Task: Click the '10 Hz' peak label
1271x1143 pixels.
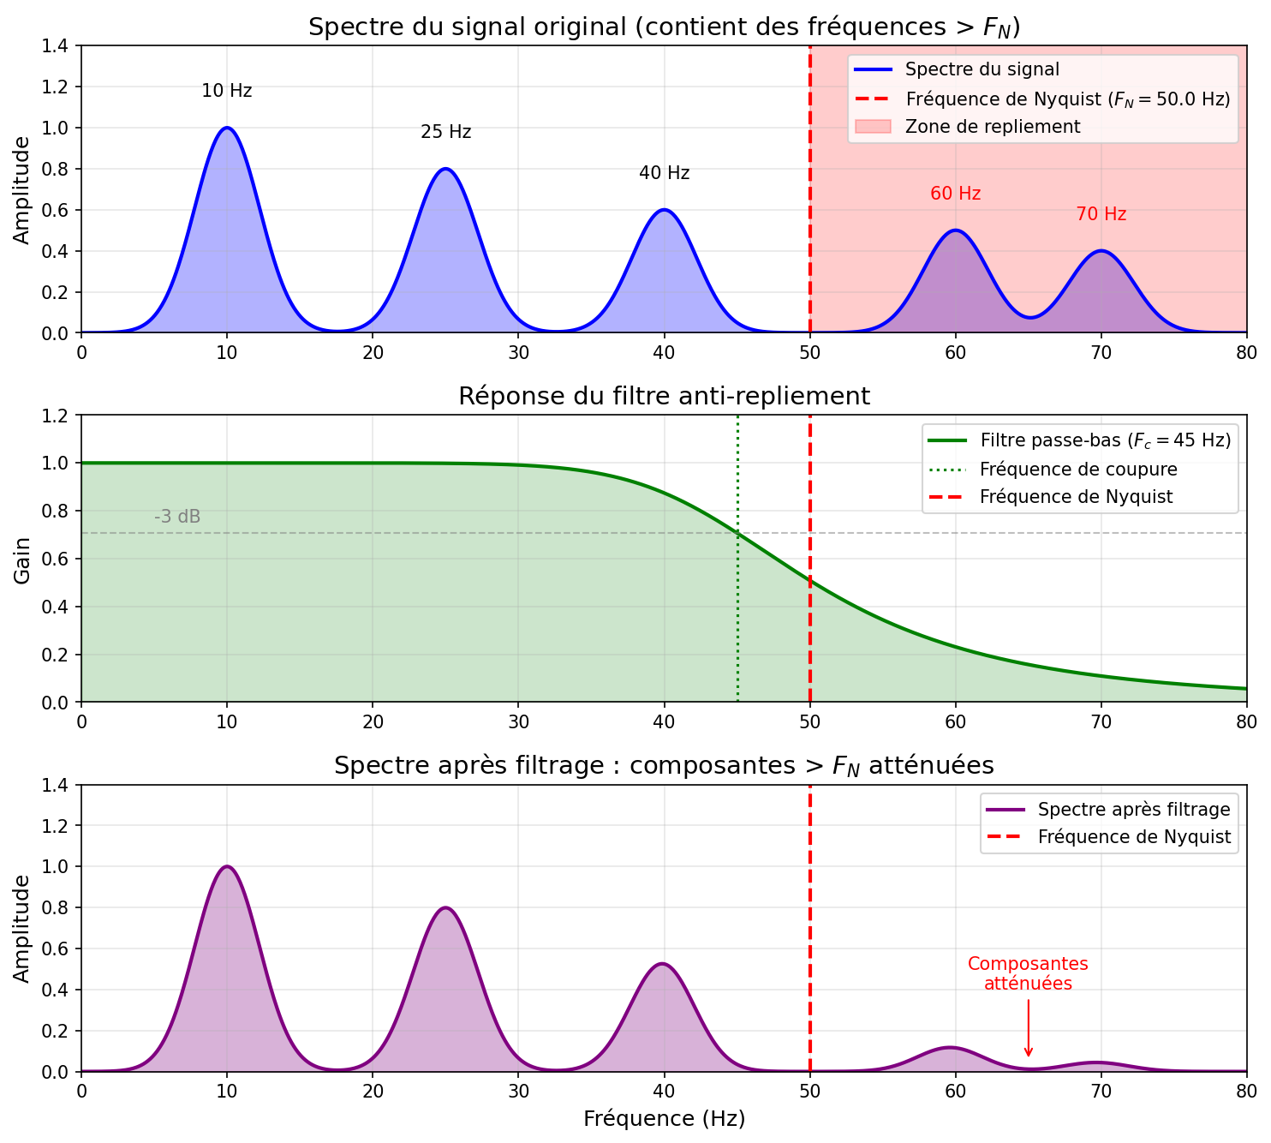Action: pyautogui.click(x=227, y=91)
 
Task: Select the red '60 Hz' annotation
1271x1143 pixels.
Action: pyautogui.click(x=955, y=194)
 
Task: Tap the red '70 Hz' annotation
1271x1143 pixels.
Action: pyautogui.click(x=1101, y=214)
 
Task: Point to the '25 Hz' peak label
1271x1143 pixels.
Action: pyautogui.click(x=445, y=132)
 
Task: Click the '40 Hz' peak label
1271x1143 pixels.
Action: pyautogui.click(x=664, y=173)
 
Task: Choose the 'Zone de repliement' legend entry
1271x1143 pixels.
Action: pyautogui.click(x=993, y=127)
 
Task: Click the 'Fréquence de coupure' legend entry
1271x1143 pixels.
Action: pyautogui.click(x=1078, y=470)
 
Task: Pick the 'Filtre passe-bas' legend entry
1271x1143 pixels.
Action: pyautogui.click(x=1105, y=441)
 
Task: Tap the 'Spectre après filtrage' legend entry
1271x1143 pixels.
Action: pyautogui.click(x=1133, y=810)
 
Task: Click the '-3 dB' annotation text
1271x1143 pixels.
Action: pyautogui.click(x=177, y=517)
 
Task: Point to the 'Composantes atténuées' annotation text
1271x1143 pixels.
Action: pyautogui.click(x=1028, y=973)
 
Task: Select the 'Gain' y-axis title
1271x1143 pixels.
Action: pyautogui.click(x=22, y=560)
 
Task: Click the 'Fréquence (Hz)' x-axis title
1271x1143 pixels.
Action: pyautogui.click(x=664, y=1118)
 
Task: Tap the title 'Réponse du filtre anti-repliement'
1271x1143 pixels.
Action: pyautogui.click(x=664, y=396)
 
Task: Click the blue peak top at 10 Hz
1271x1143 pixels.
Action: pyautogui.click(x=227, y=128)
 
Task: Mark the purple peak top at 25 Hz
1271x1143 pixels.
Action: pyautogui.click(x=445, y=907)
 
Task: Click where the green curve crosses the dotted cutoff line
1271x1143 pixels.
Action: pyautogui.click(x=737, y=533)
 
